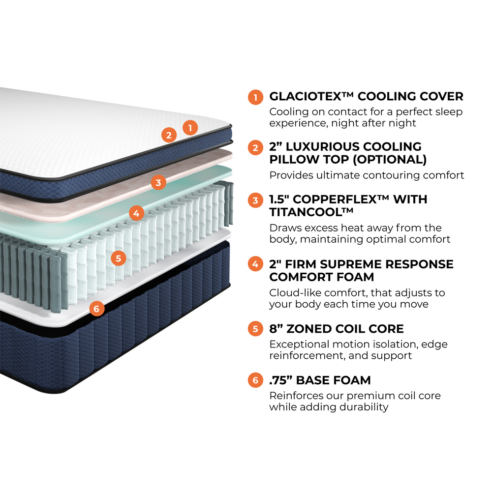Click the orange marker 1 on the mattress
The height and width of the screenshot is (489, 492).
190,128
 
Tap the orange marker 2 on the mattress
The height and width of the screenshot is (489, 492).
169,135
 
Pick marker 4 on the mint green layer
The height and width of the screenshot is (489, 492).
136,214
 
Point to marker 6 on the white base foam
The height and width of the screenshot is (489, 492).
96,309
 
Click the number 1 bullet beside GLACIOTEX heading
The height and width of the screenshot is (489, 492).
255,97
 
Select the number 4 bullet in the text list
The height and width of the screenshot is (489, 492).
255,264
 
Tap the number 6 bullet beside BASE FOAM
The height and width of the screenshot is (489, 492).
255,380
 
